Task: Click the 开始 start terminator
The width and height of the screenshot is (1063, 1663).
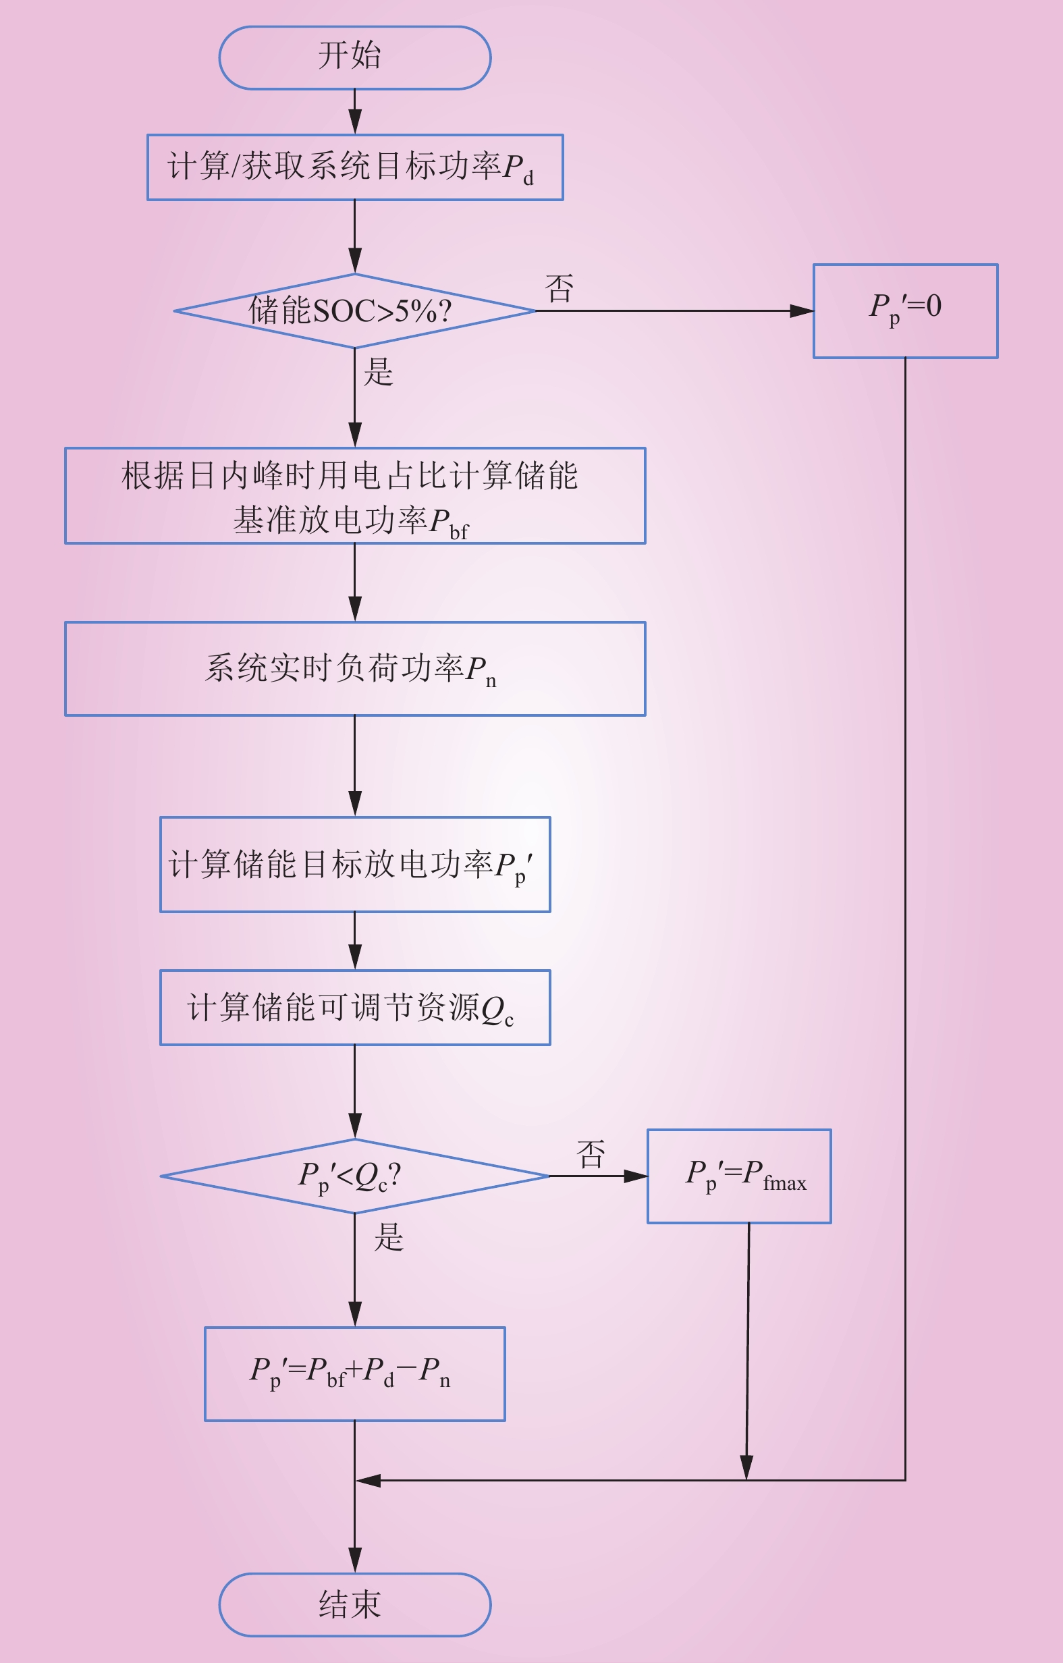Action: [354, 58]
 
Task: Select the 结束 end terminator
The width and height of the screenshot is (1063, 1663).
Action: [354, 1605]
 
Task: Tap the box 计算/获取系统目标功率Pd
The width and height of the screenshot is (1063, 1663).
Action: [355, 167]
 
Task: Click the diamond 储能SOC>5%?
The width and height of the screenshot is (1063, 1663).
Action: [354, 310]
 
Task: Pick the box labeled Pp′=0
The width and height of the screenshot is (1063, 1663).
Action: [906, 310]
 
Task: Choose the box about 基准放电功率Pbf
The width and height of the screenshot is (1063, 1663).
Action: [355, 496]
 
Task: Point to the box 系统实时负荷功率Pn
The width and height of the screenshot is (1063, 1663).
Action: [355, 669]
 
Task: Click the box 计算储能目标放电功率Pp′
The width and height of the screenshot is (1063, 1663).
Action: [355, 865]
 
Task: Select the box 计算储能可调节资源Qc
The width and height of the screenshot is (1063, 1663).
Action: [355, 1008]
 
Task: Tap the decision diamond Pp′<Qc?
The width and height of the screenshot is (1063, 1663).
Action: [354, 1176]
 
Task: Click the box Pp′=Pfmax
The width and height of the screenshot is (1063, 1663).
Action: [739, 1176]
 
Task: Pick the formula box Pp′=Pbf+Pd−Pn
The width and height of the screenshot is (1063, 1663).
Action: [355, 1373]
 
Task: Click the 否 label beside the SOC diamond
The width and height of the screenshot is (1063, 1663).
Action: [560, 289]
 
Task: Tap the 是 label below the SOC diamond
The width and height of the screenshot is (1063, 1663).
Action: [379, 372]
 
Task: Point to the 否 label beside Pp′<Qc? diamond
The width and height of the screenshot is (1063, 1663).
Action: [591, 1155]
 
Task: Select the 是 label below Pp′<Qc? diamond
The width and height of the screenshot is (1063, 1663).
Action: [389, 1237]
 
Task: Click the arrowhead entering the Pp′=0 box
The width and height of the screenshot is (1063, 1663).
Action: [802, 310]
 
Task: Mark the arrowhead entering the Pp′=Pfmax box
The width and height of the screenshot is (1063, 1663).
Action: [636, 1176]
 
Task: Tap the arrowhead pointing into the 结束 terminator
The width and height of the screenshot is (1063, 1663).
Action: [354, 1561]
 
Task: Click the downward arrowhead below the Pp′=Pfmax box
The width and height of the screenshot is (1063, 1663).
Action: [746, 1467]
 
